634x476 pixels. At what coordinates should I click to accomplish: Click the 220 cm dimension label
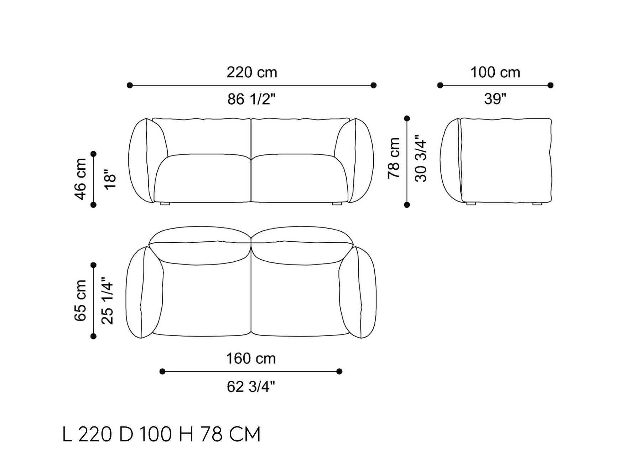pyautogui.click(x=252, y=73)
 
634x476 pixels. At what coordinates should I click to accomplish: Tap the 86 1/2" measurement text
pyautogui.click(x=252, y=99)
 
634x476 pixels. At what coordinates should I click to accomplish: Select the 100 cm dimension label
pyautogui.click(x=495, y=73)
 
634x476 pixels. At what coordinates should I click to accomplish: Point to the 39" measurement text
pyautogui.click(x=495, y=99)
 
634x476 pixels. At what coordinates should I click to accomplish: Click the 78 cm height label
pyautogui.click(x=394, y=158)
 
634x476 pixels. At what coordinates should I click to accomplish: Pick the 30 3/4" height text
pyautogui.click(x=421, y=158)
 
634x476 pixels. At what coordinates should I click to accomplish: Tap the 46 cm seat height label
pyautogui.click(x=81, y=179)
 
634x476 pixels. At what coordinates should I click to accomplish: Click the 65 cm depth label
pyautogui.click(x=80, y=301)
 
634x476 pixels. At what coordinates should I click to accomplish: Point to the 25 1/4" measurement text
pyautogui.click(x=107, y=301)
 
